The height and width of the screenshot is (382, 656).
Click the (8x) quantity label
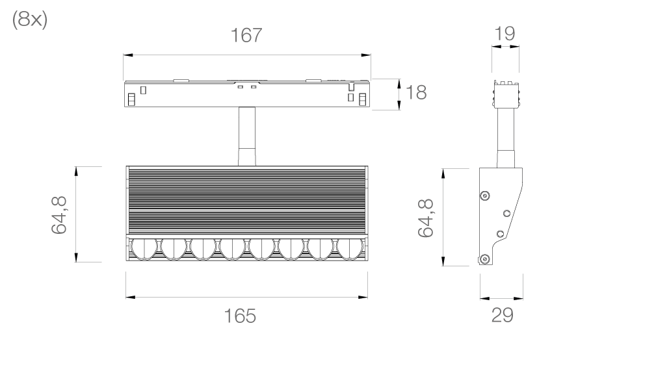click(x=30, y=20)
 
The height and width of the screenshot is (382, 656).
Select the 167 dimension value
click(x=246, y=36)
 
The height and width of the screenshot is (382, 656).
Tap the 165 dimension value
click(x=240, y=316)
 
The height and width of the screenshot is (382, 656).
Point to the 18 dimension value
click(x=415, y=93)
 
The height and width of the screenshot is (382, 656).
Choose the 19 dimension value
click(x=505, y=34)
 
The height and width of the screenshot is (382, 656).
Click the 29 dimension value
click(x=502, y=316)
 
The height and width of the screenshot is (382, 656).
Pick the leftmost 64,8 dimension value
click(x=59, y=215)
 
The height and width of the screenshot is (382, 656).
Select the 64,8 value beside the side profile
click(x=426, y=218)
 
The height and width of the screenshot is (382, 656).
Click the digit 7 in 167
click(x=256, y=36)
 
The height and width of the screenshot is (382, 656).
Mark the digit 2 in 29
click(x=497, y=316)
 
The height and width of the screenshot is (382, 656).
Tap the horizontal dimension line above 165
click(x=246, y=296)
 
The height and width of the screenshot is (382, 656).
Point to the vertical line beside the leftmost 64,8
click(x=77, y=215)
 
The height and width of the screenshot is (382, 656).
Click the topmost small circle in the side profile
click(x=484, y=194)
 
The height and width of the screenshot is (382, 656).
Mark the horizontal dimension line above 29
click(x=501, y=297)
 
